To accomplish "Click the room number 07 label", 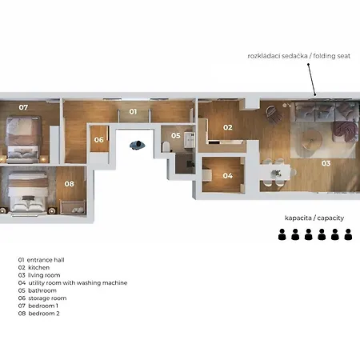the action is coord(23,107).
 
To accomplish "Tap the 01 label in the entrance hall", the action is coord(133,112).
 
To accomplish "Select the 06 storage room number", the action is coord(98,140).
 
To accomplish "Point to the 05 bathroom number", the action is coord(176,136).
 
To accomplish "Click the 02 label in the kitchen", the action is coord(228,127).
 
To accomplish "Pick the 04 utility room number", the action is coord(227,176).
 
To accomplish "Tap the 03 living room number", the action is coord(326,163).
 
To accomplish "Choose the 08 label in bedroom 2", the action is coord(69,184).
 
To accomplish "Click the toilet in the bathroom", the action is coord(166,147).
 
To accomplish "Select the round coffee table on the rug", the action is coord(312,139).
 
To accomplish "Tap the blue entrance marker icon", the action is coord(138,146).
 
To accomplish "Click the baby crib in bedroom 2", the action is coord(73,207).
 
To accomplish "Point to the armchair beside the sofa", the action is coord(274,114).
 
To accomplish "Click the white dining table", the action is coord(276,173).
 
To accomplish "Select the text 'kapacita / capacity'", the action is coord(314,218).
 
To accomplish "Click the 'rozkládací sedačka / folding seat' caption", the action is coord(299,56).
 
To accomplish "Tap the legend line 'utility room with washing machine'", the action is coord(78,283).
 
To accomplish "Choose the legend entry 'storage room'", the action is coord(47,298).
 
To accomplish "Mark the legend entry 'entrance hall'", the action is coord(46,260).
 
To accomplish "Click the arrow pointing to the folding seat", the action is coord(312,79).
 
